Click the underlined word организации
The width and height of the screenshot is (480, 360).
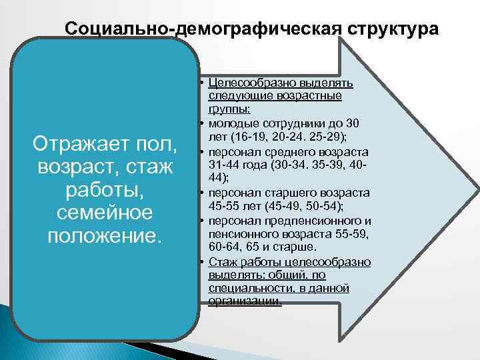tap(244, 301)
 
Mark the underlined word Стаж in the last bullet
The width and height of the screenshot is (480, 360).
tap(221, 261)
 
